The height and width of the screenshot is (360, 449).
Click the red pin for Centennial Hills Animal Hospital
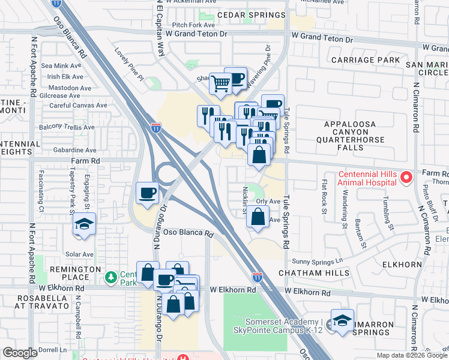pyautogui.click(x=406, y=176)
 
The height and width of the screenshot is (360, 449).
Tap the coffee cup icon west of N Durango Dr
pyautogui.click(x=148, y=193)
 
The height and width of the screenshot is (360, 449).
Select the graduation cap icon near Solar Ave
pyautogui.click(x=85, y=225)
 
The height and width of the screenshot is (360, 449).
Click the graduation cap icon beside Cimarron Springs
pyautogui.click(x=342, y=320)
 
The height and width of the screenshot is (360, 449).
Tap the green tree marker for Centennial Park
pyautogui.click(x=110, y=278)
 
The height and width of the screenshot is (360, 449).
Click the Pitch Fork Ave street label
pyautogui.click(x=193, y=25)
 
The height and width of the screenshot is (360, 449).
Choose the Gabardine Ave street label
pyautogui.click(x=74, y=150)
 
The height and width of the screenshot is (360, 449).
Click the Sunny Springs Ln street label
pyautogui.click(x=317, y=261)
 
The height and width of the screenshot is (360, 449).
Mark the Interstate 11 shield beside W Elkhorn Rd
pyautogui.click(x=257, y=277)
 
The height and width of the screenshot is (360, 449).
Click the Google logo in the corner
pyautogui.click(x=20, y=353)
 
